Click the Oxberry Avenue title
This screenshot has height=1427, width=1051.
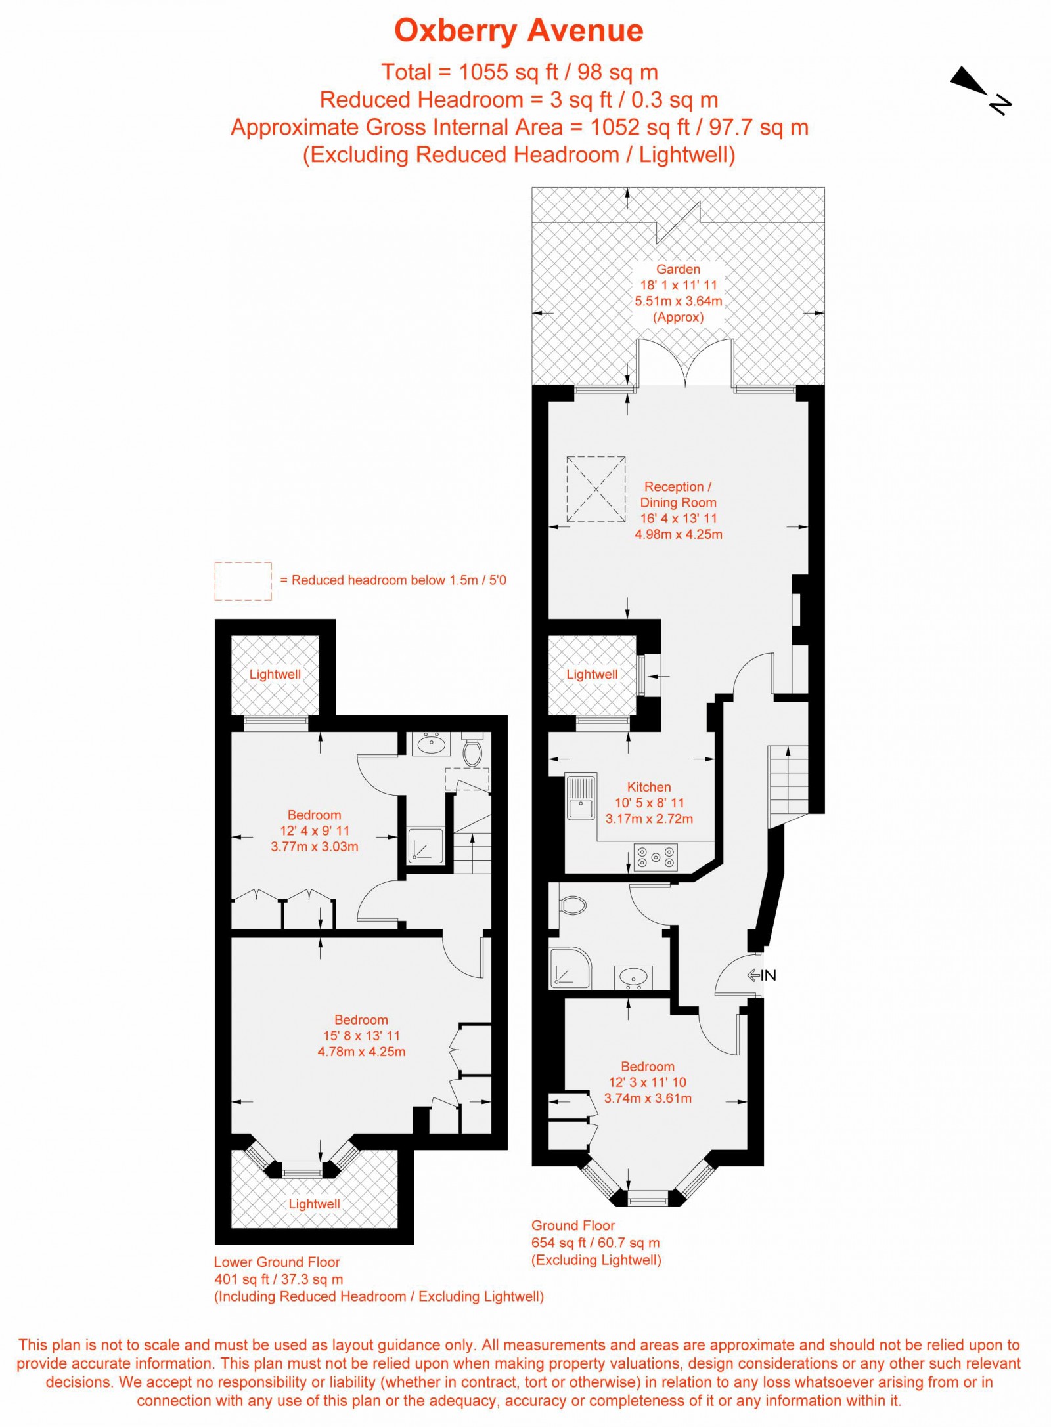518,31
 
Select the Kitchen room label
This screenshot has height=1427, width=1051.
648,786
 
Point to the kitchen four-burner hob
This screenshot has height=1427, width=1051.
656,857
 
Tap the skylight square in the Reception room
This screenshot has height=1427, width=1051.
596,489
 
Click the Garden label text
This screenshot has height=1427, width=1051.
678,269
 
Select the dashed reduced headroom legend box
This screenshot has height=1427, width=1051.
242,580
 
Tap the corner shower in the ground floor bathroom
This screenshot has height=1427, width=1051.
569,969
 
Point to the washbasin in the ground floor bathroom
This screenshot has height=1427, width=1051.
633,976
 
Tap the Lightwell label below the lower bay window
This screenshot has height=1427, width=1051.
314,1203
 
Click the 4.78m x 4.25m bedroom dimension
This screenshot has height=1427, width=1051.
361,1051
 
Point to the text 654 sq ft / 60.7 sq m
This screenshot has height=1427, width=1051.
595,1242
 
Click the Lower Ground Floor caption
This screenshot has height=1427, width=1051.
277,1261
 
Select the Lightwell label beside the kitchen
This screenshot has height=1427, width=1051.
591,674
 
